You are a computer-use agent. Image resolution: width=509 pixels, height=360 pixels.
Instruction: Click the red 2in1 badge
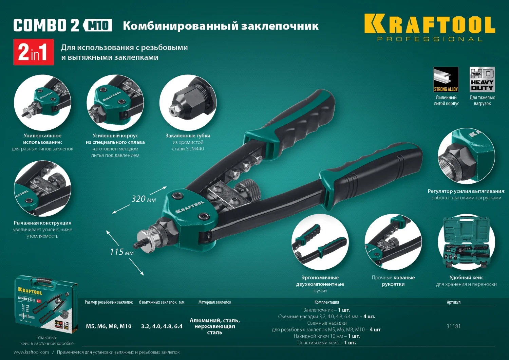pos(34,52)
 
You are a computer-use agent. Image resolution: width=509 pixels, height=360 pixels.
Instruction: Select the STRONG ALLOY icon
pos(446,79)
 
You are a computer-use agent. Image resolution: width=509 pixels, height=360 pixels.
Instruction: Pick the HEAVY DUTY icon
pos(482,79)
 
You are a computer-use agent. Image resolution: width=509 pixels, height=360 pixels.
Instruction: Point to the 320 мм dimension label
pos(144,199)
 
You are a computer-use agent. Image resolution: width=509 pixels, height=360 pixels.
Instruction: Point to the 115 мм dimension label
pos(121,252)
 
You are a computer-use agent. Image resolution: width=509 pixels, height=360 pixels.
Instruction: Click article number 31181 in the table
pos(453,326)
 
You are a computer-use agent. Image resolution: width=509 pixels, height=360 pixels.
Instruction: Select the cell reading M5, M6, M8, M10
pos(109,326)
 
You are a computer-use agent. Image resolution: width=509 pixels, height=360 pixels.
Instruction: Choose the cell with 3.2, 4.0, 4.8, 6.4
pos(162,326)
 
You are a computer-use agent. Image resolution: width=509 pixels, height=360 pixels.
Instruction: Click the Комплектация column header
pos(326,302)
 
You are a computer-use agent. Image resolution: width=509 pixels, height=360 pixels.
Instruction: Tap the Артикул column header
pos(453,302)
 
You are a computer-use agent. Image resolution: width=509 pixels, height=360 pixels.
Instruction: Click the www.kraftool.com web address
pos(31,352)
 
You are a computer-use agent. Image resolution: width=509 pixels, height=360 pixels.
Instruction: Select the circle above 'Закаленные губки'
pos(188,103)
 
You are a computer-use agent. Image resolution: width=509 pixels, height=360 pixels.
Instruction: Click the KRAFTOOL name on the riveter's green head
pos(190,207)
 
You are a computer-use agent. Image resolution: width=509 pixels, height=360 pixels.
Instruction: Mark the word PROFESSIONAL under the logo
pos(430,39)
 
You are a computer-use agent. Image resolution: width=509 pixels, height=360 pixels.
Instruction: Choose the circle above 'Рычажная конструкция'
pos(42,188)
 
